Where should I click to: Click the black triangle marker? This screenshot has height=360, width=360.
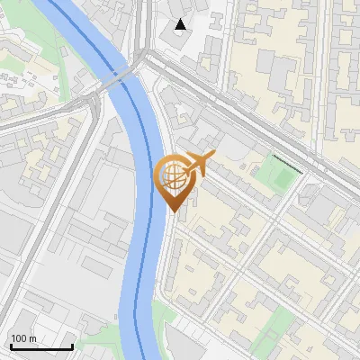click(x=182, y=24)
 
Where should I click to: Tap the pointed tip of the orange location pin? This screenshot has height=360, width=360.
click(x=173, y=211)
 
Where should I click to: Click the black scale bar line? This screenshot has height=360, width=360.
click(x=40, y=346)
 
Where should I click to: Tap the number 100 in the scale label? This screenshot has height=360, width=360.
click(x=20, y=338)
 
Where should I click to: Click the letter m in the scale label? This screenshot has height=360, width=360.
click(x=32, y=338)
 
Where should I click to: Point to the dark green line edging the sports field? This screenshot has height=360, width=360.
click(x=287, y=163)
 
